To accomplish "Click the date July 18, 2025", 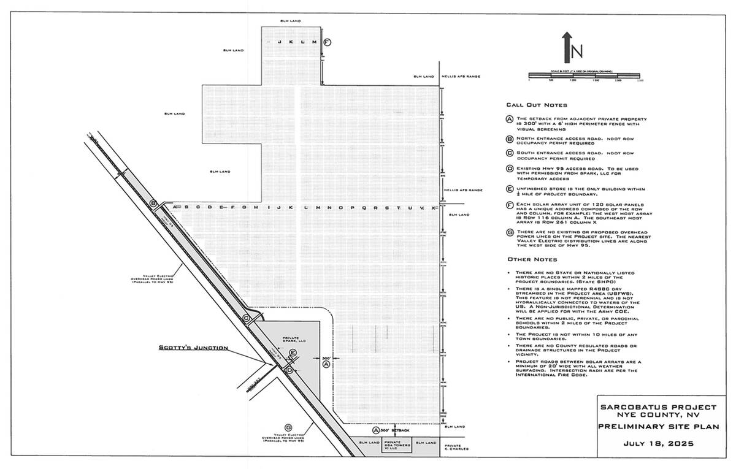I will (x=657, y=443).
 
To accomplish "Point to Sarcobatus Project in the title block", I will (x=657, y=407).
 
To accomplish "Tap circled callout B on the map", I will (x=154, y=203).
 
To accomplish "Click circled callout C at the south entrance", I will (x=246, y=318).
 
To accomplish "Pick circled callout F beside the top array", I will (x=327, y=42).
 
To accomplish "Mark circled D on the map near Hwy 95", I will (x=289, y=370).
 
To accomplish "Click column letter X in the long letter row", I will (x=432, y=208).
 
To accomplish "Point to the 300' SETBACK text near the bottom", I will (x=398, y=431).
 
